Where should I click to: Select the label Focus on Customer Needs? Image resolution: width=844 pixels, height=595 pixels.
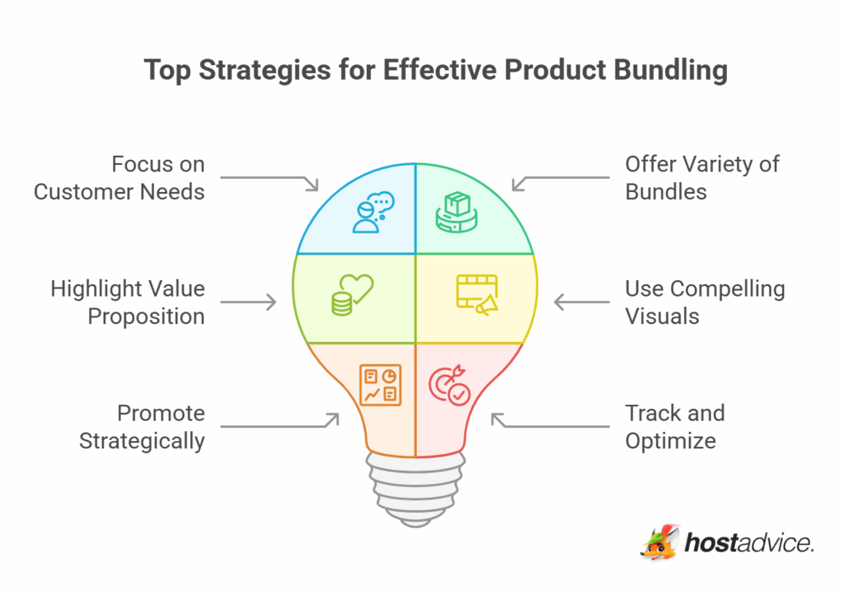pyautogui.click(x=119, y=178)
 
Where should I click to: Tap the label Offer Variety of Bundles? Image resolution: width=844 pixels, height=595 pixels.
pyautogui.click(x=702, y=178)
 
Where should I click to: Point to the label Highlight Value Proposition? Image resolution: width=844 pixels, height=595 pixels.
pyautogui.click(x=127, y=302)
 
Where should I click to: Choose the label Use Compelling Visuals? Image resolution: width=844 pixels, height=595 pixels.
pyautogui.click(x=705, y=302)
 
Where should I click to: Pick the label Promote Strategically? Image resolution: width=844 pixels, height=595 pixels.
pyautogui.click(x=142, y=427)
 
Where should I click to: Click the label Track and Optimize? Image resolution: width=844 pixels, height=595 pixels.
pyautogui.click(x=674, y=427)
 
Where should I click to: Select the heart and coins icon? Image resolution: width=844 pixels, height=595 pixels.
pyautogui.click(x=351, y=295)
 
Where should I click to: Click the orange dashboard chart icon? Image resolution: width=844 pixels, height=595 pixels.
pyautogui.click(x=380, y=385)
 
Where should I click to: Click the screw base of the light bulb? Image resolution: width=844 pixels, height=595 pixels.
pyautogui.click(x=415, y=491)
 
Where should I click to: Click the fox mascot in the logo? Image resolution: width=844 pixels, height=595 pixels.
pyautogui.click(x=659, y=543)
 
